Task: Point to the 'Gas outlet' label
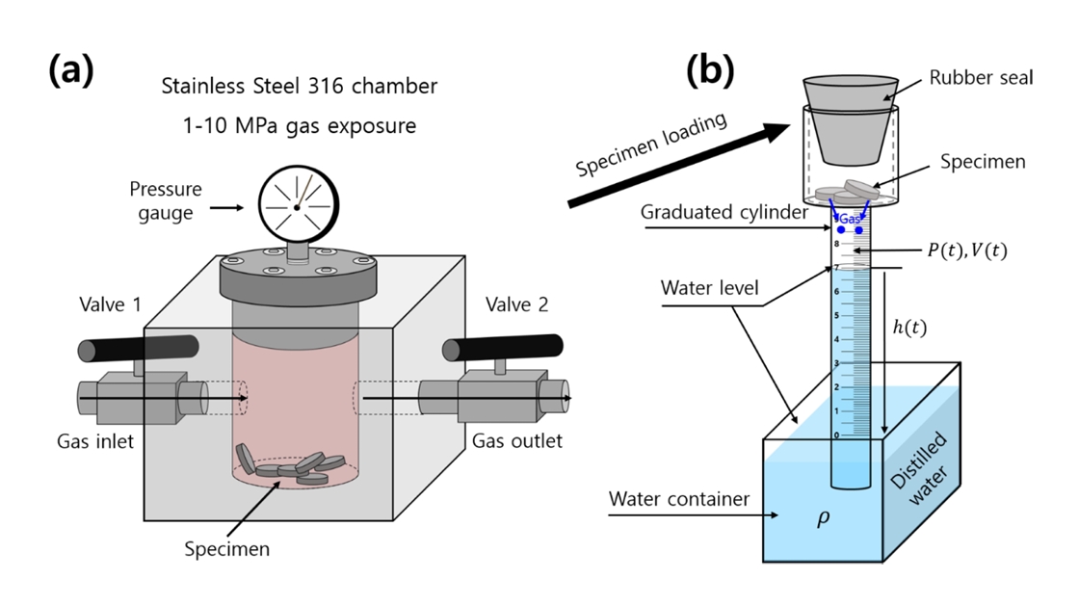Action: click(516, 441)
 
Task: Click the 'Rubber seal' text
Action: click(981, 78)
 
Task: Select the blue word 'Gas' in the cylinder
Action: click(850, 220)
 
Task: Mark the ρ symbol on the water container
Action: click(823, 518)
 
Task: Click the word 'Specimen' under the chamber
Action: click(226, 550)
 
